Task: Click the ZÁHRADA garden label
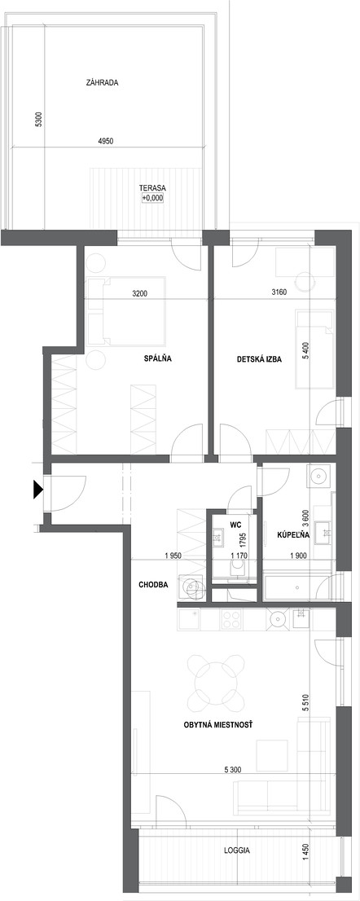tap(102, 83)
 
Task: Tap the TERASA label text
tap(153, 188)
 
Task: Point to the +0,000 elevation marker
tap(153, 198)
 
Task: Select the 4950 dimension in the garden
tap(106, 141)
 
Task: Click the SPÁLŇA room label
tap(158, 359)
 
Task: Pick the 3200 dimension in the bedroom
tap(140, 293)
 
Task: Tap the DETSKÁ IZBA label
tap(260, 360)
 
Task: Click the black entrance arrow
tap(38, 489)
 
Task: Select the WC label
tap(235, 525)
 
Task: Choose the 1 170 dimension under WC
tap(239, 556)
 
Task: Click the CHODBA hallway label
tap(153, 585)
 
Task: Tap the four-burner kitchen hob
tap(232, 618)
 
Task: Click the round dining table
tap(215, 683)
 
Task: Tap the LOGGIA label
tap(237, 851)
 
